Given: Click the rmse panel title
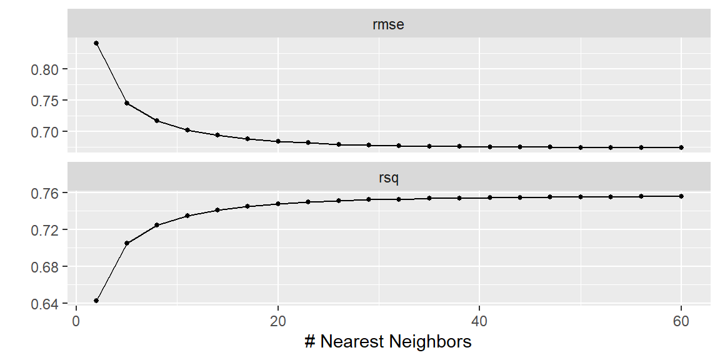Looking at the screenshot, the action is point(389,24).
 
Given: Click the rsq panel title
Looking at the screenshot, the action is point(389,177).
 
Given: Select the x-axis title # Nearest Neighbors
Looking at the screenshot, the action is point(388,341).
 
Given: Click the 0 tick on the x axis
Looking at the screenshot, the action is point(76,322).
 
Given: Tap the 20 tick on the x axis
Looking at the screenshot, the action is point(277,322).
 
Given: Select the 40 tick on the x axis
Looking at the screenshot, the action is point(479,322).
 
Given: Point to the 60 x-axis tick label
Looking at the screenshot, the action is point(681,322).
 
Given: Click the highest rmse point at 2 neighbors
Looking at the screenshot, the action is point(96,43).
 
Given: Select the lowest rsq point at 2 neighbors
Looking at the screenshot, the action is point(96,301).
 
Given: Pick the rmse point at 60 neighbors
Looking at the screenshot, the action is point(681,147).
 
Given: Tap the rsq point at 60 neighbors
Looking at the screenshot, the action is point(681,196).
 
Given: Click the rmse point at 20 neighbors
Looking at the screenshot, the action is point(277,141).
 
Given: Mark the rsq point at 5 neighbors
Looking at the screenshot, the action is point(127,243).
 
